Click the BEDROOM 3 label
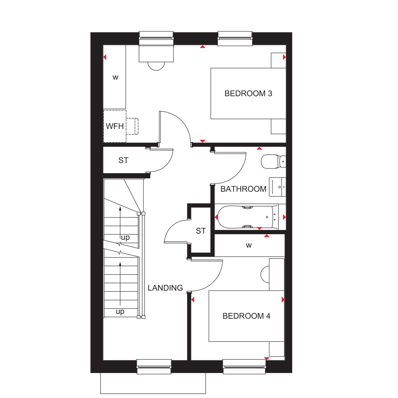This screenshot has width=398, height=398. (x=248, y=93)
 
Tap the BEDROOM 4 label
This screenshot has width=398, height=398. (x=246, y=316)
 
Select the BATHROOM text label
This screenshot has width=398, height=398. (x=243, y=189)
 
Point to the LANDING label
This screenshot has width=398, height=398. (x=165, y=288)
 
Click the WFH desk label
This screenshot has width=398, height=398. (x=115, y=126)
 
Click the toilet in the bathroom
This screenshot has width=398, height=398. (x=274, y=161)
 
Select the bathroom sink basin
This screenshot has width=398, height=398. (x=278, y=187)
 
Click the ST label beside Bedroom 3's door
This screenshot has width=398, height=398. (x=123, y=160)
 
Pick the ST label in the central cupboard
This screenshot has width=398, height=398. (x=201, y=231)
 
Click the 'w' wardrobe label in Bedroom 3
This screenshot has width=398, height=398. (x=115, y=77)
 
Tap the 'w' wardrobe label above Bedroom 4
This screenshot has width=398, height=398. (x=249, y=245)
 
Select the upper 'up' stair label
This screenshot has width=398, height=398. (x=125, y=237)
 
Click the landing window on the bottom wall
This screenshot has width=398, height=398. (x=154, y=367)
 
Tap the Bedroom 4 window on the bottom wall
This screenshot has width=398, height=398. (x=244, y=367)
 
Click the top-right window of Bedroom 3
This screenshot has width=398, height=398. (x=235, y=38)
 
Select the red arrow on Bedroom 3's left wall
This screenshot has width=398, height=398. (x=105, y=57)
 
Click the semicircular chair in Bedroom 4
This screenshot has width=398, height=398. (x=265, y=274)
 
